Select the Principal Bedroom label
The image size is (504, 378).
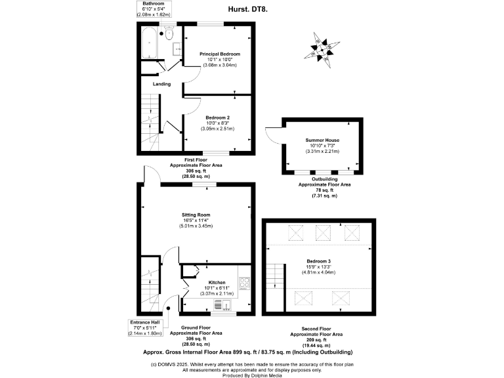219,54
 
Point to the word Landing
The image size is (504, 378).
161,84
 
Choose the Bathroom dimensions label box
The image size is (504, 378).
154,9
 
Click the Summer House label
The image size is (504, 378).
322,140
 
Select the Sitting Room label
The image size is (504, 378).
196,215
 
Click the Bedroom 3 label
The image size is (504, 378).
322,261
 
